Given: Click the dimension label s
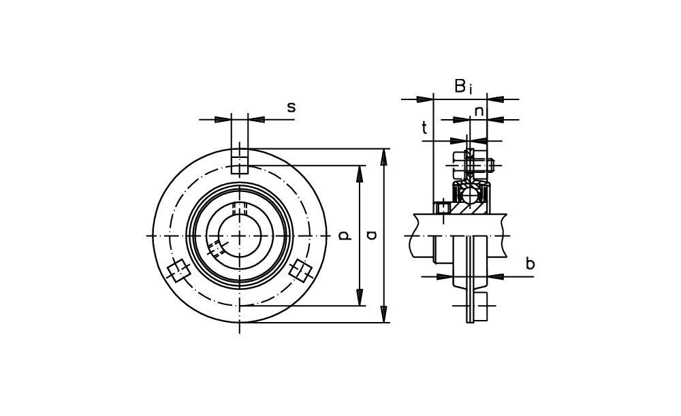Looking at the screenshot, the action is pos(291,108).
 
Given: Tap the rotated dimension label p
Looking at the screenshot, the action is pos(343,236).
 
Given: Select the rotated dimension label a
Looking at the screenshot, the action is pos(371,236).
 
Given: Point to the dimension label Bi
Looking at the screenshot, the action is pos(463,86).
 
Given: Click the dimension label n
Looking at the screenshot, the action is pos(479,112).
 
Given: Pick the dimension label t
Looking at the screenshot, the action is pos(424,128).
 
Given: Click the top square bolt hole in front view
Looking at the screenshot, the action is pos(239,165).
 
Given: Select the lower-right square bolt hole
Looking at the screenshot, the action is pos(300,271).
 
